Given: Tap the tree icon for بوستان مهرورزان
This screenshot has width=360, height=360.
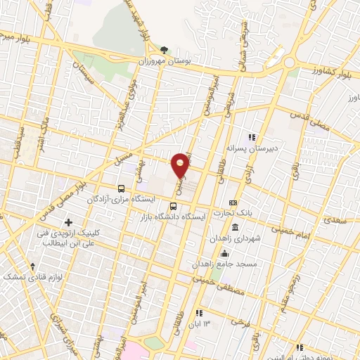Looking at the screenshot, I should [x=165, y=50].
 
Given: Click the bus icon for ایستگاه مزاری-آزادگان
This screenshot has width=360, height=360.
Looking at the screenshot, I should [x=122, y=188].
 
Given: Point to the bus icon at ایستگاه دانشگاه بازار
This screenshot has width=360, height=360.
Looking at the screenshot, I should [x=174, y=206].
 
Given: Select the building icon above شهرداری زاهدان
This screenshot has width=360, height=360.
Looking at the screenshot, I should [x=235, y=229].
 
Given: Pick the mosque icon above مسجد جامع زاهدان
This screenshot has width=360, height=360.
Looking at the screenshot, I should [x=224, y=254].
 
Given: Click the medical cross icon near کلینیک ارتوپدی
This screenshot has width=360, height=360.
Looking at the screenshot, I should [x=68, y=224].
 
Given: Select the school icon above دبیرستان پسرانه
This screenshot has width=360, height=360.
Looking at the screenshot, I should [x=252, y=137].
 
